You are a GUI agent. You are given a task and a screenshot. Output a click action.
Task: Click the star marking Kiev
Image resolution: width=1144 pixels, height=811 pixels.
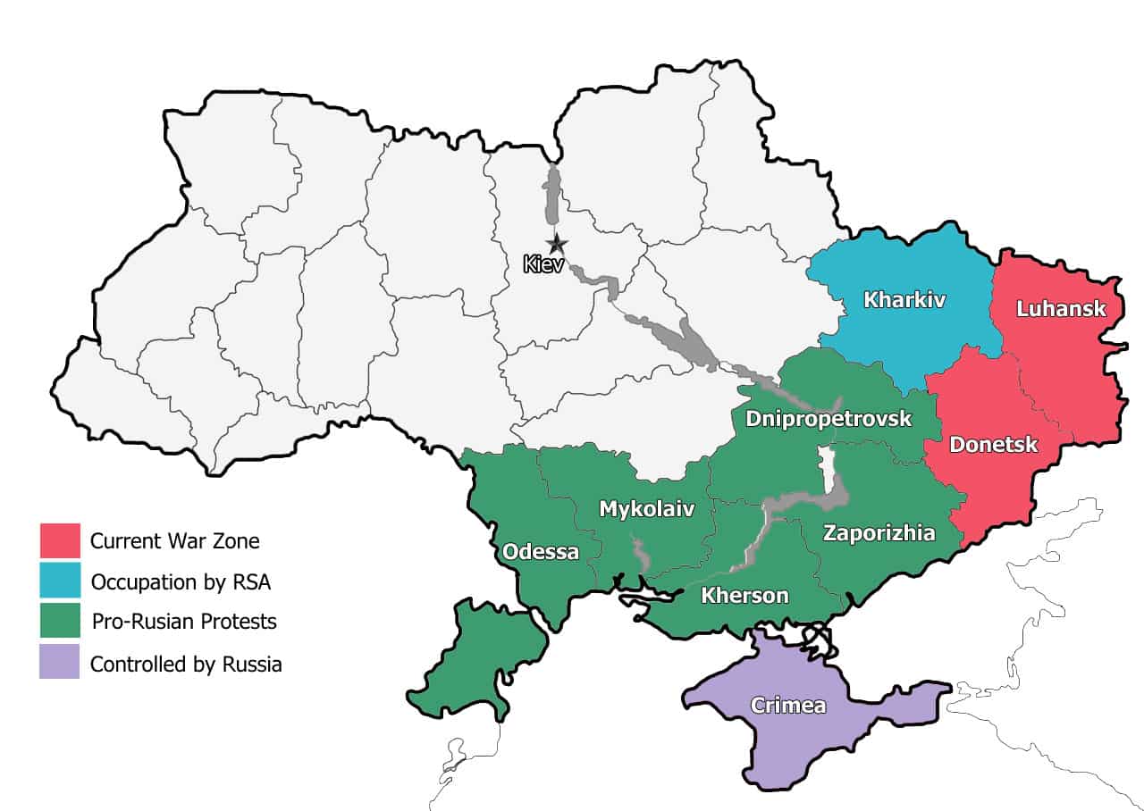coord(557,243)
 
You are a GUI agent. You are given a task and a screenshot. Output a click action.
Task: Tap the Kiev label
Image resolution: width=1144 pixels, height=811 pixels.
coord(544,264)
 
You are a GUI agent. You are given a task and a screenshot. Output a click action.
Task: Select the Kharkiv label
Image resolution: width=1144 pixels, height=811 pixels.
coord(904,299)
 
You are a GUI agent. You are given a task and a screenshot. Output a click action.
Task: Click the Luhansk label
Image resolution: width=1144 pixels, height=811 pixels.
coord(1061,309)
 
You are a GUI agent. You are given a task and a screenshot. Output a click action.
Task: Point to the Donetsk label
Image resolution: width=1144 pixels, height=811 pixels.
coord(993,444)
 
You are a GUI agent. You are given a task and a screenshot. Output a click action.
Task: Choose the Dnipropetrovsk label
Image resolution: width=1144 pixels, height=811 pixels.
coord(829,418)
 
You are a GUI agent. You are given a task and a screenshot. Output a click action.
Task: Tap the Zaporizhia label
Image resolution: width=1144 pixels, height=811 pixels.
coord(879,533)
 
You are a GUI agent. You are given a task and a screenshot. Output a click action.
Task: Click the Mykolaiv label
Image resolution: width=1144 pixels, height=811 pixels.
coord(645,509)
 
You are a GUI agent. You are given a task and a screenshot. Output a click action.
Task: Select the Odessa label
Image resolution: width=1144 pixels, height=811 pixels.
coord(541,551)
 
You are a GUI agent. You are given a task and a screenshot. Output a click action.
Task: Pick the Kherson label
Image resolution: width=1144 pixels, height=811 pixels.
coord(744,595)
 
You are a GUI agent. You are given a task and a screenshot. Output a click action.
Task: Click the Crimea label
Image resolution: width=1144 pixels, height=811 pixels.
coord(787,706)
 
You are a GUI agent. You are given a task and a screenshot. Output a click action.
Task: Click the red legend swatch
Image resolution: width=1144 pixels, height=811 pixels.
coord(60,540)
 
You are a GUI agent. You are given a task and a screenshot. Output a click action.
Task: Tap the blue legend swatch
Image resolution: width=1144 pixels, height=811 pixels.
coord(60,581)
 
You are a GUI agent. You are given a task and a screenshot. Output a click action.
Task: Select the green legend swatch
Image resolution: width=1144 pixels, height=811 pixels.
coord(60,621)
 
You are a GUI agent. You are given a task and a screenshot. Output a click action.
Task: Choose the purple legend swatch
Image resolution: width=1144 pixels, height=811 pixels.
coord(60,662)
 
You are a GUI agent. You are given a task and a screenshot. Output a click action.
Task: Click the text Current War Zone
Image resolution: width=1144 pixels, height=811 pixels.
coord(175,541)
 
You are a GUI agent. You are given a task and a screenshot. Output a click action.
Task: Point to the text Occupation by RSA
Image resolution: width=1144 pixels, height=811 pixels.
coord(181,582)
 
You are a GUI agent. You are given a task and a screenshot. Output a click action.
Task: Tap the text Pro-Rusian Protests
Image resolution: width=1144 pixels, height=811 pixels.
coord(184,622)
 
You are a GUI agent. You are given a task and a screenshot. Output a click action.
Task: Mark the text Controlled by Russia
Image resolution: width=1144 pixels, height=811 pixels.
coord(186,664)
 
